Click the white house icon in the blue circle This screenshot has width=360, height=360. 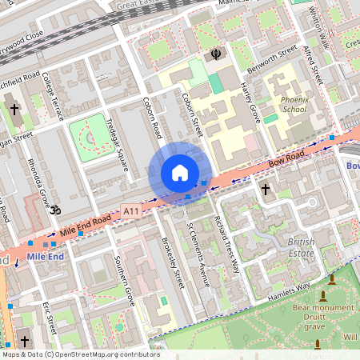180,173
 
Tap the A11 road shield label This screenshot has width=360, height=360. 132,210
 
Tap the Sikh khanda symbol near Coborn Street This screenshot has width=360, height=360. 215,54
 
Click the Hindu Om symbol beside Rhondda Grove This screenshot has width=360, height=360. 54,210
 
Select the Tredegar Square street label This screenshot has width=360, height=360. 118,145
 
